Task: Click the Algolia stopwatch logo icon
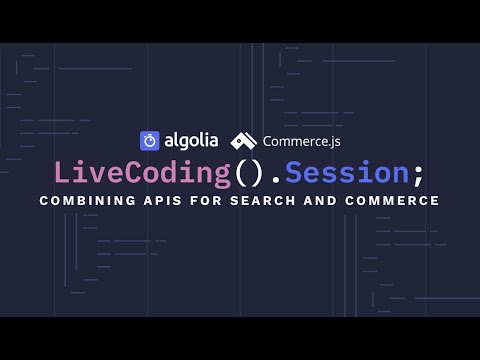(149, 141)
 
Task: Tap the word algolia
(189, 140)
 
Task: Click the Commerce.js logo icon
(244, 141)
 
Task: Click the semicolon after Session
(417, 174)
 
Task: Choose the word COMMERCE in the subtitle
(396, 201)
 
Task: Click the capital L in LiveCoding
(61, 172)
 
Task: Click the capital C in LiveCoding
(148, 172)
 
